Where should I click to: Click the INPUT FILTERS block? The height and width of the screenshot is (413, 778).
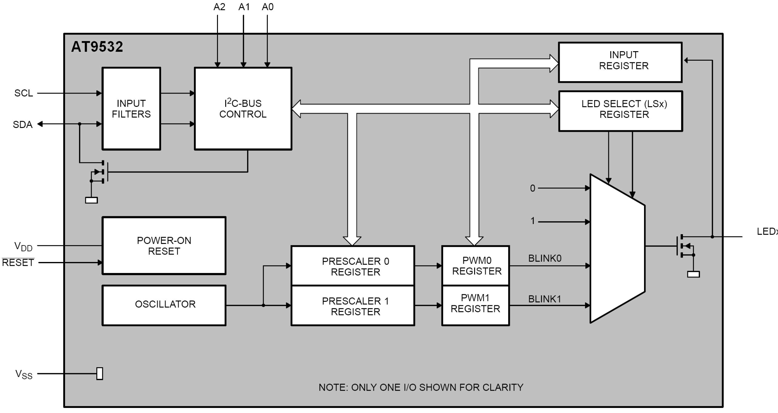click(x=131, y=108)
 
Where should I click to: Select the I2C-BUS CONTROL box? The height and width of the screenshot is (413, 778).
click(x=243, y=108)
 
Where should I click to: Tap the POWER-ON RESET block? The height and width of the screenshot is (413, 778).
click(x=164, y=246)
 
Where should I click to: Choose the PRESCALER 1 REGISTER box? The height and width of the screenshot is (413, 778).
click(x=353, y=306)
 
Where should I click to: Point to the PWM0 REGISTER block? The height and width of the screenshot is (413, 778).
click(x=475, y=265)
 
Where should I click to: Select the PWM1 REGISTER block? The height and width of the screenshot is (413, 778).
click(x=475, y=305)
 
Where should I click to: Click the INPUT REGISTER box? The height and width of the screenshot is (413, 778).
click(x=620, y=62)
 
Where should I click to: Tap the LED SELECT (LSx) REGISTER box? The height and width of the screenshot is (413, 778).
click(x=620, y=111)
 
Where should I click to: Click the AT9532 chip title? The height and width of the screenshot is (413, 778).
click(x=97, y=47)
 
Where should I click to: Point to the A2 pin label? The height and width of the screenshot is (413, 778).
click(x=219, y=7)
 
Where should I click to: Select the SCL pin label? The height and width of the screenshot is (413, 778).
click(x=23, y=93)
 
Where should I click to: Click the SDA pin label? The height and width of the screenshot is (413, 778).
click(x=23, y=125)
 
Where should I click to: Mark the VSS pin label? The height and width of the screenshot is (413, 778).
click(x=24, y=374)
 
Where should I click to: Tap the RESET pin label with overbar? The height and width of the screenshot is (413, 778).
click(x=18, y=262)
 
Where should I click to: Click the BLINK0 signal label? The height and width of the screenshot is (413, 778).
click(x=545, y=258)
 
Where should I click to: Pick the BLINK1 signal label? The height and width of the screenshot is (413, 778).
click(x=545, y=299)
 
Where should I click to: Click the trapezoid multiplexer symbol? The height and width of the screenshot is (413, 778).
click(x=617, y=248)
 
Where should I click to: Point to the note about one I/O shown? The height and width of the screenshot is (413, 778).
click(x=421, y=387)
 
